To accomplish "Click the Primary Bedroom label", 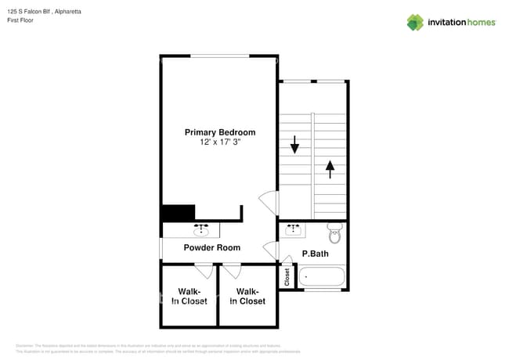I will [x=219, y=132].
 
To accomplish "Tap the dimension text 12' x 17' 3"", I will [x=219, y=142].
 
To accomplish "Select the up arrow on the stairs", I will [x=330, y=167].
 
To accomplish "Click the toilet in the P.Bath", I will [x=335, y=232].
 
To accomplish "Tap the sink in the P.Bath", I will [x=295, y=229].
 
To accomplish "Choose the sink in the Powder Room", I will [x=202, y=229].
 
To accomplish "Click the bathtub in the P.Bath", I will [x=322, y=277].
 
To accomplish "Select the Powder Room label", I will [x=211, y=248].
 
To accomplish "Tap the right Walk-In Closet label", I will [x=247, y=296].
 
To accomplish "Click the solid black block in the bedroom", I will [x=178, y=213].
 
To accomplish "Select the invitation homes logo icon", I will [x=415, y=22].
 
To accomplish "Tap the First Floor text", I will [x=21, y=21].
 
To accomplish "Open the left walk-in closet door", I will [x=204, y=272].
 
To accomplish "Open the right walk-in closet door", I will [x=232, y=272].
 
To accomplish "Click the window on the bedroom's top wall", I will [x=220, y=56].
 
